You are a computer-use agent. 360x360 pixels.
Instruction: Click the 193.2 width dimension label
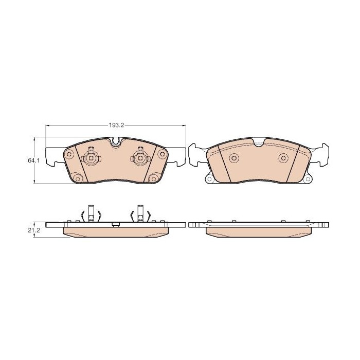[116, 125]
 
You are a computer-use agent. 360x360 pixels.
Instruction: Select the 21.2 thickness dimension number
[34, 230]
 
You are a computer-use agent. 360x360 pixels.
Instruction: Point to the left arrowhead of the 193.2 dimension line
[47, 125]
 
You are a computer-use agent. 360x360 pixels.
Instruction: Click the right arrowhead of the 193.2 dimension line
[184, 125]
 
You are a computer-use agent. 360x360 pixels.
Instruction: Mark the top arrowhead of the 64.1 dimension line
[34, 139]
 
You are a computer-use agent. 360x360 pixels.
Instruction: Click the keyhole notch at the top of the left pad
[115, 141]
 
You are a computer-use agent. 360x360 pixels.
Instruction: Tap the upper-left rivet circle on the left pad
[69, 153]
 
